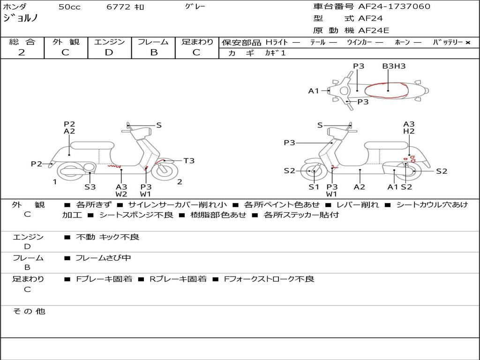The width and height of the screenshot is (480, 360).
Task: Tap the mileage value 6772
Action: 119,7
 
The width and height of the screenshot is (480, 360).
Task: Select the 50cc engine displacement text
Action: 69,7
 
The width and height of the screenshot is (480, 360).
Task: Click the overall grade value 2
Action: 22,52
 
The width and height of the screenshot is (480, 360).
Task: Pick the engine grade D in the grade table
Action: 109,52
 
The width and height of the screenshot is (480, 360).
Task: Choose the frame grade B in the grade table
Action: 153,52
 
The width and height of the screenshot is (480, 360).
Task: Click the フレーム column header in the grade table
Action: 153,42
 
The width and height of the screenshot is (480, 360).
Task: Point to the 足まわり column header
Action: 197,42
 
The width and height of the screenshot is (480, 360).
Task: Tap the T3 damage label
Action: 188,161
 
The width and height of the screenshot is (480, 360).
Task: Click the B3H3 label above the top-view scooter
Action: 394,66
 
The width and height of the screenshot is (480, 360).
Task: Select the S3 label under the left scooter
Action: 90,187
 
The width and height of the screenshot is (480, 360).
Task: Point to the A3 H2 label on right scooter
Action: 409,128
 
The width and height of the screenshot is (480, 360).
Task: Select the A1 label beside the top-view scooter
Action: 314,91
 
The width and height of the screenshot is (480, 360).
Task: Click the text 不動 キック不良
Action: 107,237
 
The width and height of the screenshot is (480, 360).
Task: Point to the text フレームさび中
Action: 103,258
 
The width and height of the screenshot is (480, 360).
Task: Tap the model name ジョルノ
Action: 21,18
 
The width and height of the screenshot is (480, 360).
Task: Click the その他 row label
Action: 29,311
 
